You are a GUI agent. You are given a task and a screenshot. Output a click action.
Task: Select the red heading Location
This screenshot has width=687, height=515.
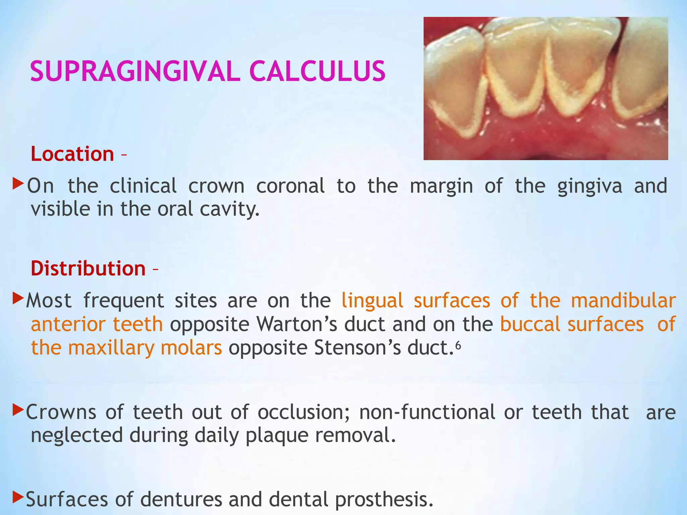72,154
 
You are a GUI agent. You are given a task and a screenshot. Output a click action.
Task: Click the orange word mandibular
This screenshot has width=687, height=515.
623,301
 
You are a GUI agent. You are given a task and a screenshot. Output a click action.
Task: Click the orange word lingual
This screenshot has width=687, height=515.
372,301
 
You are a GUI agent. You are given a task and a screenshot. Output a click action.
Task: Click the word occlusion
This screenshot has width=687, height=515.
304,412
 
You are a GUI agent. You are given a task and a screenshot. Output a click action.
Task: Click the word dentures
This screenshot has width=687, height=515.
181,499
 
